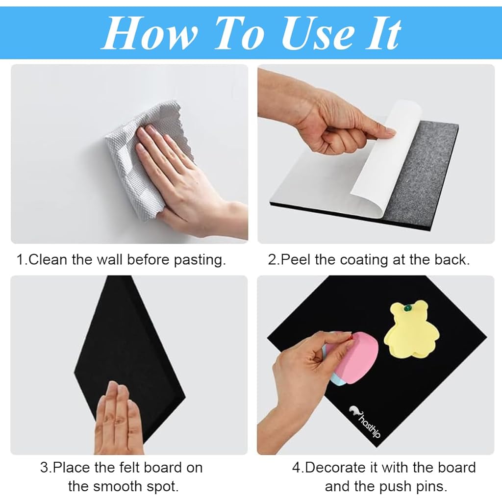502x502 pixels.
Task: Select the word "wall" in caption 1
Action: pos(111,260)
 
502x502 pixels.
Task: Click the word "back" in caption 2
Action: pos(449,260)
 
